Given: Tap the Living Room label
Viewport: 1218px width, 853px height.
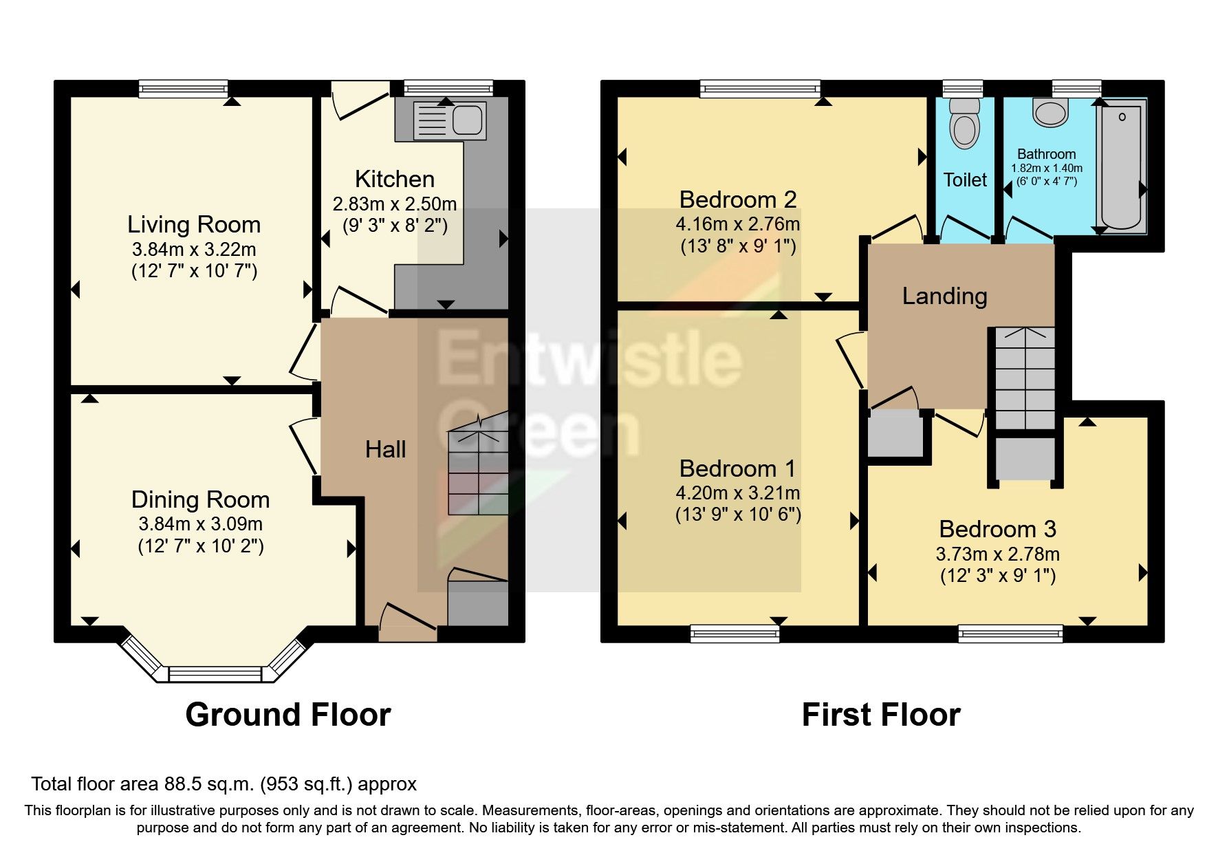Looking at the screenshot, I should click(194, 225).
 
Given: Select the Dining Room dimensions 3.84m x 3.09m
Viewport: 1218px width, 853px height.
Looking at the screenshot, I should click(200, 524).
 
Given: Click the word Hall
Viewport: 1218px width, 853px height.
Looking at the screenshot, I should click(385, 450).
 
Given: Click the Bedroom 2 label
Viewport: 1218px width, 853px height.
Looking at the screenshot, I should click(737, 199).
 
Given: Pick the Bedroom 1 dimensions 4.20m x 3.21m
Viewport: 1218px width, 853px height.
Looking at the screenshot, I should click(737, 493).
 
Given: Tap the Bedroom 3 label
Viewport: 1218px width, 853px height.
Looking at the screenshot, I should click(997, 529).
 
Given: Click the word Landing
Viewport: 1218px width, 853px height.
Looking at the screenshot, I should click(944, 296).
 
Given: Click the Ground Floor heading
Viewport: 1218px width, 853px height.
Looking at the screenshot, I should click(287, 715).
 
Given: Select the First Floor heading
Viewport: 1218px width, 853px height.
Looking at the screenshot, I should click(880, 715).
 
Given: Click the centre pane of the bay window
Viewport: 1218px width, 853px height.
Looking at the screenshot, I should click(215, 674).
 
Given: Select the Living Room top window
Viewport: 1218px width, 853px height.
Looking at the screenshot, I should click(183, 88).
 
